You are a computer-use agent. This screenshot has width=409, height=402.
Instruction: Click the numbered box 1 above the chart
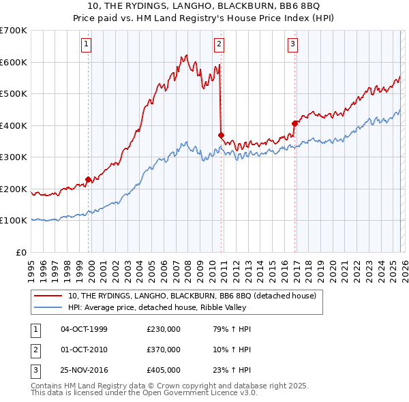click(x=87, y=45)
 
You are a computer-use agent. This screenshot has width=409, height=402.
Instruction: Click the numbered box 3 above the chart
click(x=292, y=45)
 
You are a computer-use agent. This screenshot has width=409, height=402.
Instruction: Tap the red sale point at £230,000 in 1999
click(x=89, y=179)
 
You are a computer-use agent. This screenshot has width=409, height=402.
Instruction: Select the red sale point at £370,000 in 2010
click(x=221, y=135)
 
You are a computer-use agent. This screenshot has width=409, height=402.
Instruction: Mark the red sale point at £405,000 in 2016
click(x=295, y=124)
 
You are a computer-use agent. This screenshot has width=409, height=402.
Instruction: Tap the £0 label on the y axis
click(x=20, y=252)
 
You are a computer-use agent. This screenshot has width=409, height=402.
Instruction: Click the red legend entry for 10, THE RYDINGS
click(x=192, y=296)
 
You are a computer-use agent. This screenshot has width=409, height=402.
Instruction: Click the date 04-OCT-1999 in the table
click(x=84, y=329)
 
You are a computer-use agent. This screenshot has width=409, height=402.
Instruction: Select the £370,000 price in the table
click(x=164, y=350)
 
